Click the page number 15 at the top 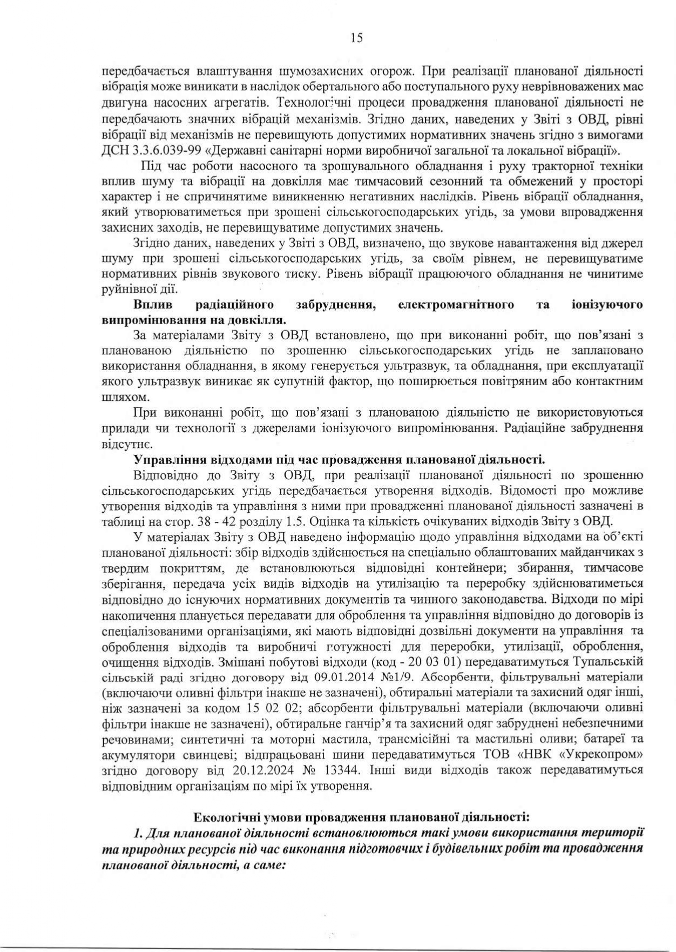356,38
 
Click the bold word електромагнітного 455,304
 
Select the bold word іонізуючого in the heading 607,304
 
